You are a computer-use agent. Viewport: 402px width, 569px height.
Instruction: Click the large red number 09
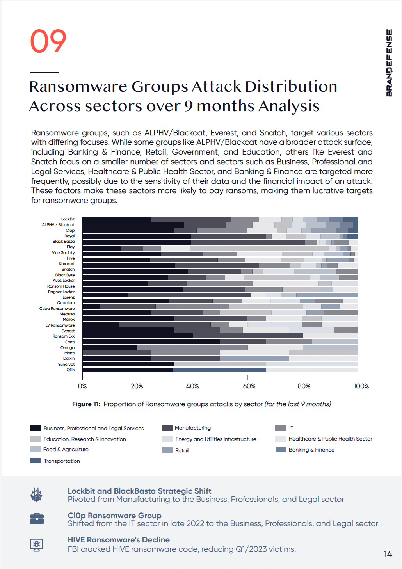[x=48, y=41]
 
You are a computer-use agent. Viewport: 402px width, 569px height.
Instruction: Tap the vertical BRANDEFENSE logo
[x=389, y=63]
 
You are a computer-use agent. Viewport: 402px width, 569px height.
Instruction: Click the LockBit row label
[x=68, y=219]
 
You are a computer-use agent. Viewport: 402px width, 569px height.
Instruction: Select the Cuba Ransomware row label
[x=57, y=309]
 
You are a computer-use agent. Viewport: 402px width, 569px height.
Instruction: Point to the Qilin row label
[x=71, y=370]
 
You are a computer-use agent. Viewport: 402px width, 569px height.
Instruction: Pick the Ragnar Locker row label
[x=61, y=292]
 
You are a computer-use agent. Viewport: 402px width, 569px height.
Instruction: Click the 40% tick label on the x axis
[x=192, y=386]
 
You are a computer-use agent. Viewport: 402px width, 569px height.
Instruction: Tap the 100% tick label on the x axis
[x=361, y=386]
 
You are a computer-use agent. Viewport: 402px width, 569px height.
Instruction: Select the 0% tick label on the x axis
[x=82, y=386]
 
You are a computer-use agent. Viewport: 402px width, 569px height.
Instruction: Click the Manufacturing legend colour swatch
[x=167, y=428]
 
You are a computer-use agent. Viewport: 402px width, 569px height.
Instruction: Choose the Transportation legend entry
[x=62, y=461]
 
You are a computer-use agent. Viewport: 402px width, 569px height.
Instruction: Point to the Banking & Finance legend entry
[x=311, y=450]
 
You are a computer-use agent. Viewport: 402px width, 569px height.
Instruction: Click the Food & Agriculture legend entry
[x=66, y=450]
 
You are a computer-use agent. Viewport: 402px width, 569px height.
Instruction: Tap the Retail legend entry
[x=182, y=450]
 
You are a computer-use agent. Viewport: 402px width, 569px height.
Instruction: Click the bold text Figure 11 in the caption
[x=86, y=404]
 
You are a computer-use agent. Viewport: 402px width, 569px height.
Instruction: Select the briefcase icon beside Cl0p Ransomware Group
[x=37, y=519]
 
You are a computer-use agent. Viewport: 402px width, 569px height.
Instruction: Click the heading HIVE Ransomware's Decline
[x=119, y=540]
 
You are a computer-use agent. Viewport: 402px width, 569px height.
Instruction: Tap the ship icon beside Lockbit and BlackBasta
[x=36, y=495]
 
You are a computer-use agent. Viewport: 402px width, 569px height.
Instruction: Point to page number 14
[x=388, y=555]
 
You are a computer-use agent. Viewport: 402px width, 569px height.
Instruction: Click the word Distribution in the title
[x=291, y=87]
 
